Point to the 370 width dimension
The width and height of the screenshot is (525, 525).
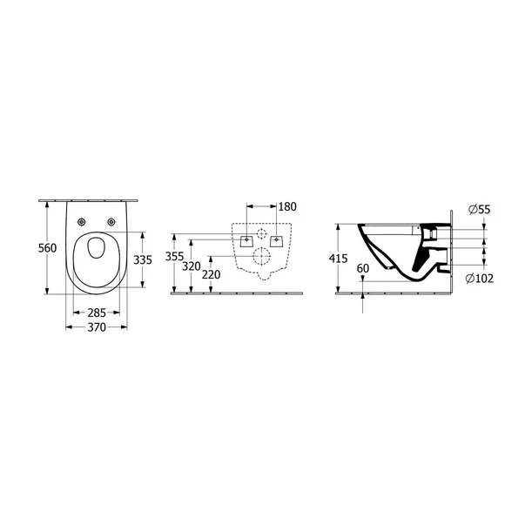(96, 327)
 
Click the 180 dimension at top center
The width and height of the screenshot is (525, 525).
(287, 207)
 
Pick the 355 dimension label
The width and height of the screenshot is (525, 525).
(175, 257)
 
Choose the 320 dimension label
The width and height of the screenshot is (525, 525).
(192, 266)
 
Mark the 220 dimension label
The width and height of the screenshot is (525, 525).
(210, 275)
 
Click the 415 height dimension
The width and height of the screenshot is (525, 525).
(339, 259)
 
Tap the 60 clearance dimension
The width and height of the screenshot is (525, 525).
(363, 270)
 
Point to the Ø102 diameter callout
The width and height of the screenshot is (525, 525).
(479, 279)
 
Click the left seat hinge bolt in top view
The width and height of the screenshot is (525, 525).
(82, 222)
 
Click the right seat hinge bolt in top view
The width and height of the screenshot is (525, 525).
(111, 222)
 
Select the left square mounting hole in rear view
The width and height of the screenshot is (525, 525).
(246, 238)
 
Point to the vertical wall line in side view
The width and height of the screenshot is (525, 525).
(453, 252)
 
